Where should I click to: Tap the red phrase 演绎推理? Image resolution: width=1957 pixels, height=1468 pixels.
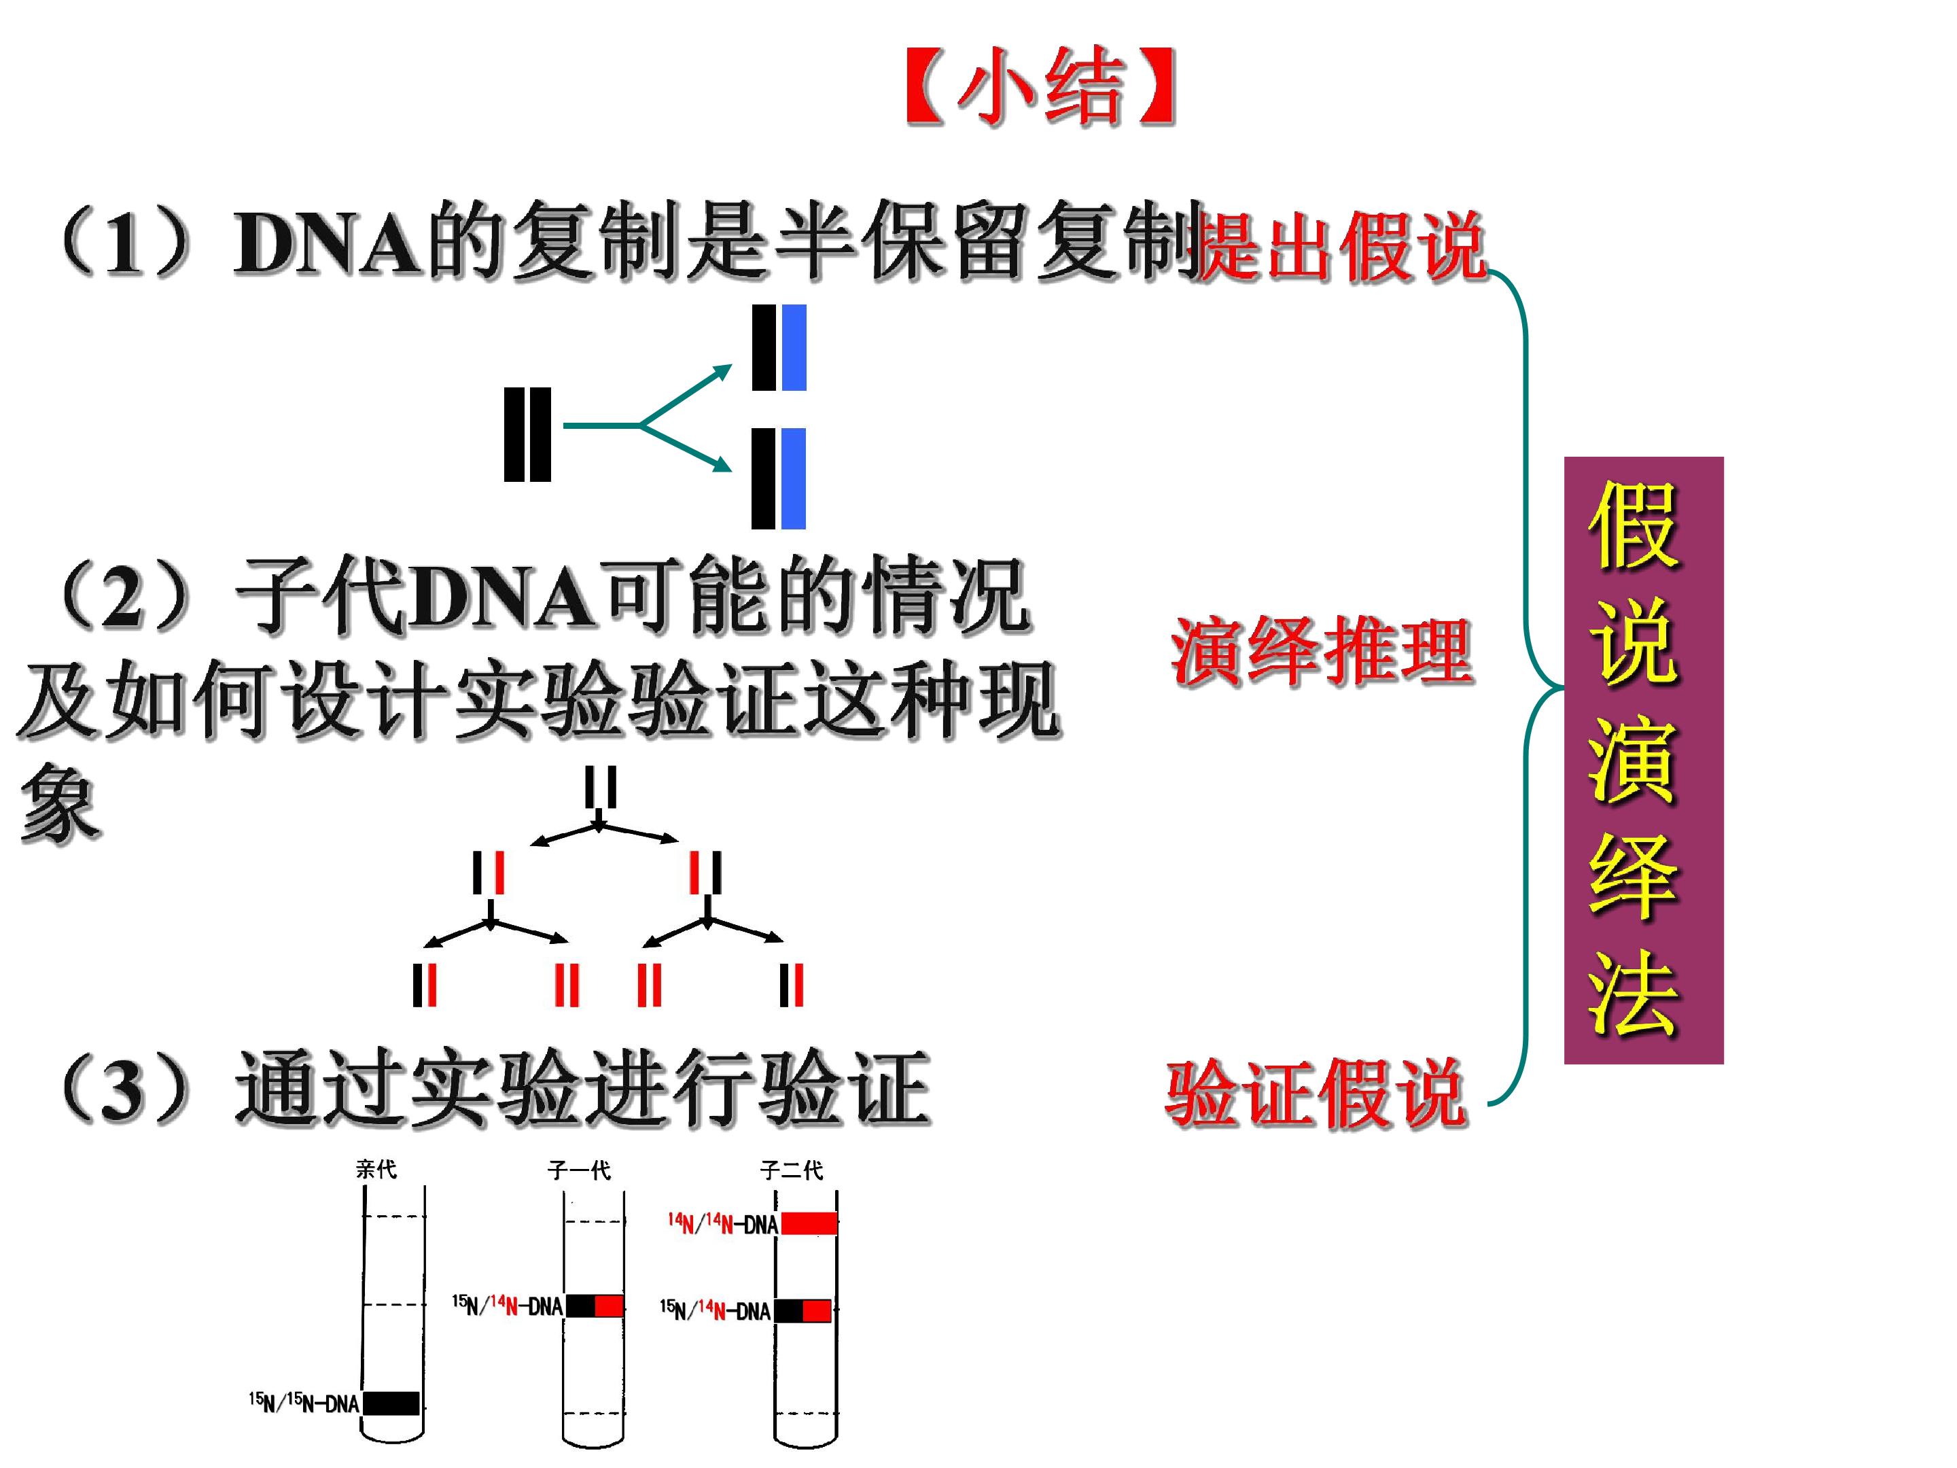click(x=1322, y=651)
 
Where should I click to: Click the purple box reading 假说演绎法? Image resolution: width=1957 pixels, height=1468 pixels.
click(x=1644, y=760)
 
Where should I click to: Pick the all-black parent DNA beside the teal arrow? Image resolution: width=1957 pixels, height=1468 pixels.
click(x=527, y=434)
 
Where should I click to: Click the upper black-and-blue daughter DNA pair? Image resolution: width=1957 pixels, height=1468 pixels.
click(x=779, y=348)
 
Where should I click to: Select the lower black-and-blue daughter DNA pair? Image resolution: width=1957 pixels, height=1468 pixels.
click(x=779, y=478)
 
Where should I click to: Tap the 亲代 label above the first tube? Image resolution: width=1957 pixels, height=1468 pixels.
click(x=376, y=1170)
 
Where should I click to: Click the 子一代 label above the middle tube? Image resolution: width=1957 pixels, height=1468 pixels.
click(x=580, y=1171)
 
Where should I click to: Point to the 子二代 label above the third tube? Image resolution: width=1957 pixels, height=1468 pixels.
click(x=792, y=1171)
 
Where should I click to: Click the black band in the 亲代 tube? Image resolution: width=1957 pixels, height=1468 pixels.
click(x=391, y=1403)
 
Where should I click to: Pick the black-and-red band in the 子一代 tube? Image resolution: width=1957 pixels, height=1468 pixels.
click(x=595, y=1305)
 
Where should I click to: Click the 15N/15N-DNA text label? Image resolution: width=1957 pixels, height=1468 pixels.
click(x=304, y=1403)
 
